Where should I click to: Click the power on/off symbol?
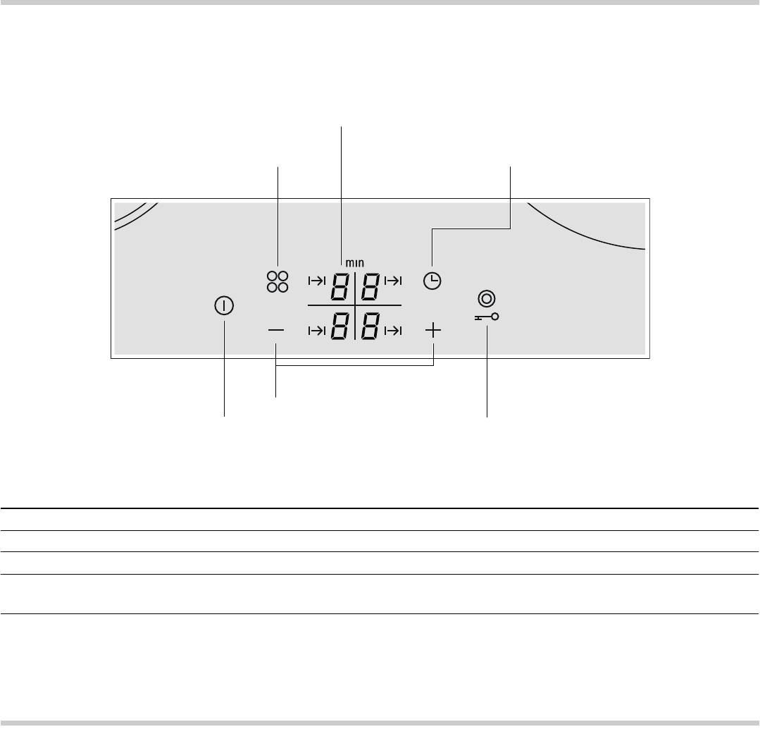click(x=224, y=305)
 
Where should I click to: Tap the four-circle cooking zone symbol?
click(x=278, y=282)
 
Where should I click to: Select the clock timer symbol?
click(x=432, y=281)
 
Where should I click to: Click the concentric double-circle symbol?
click(x=487, y=298)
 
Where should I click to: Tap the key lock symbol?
click(x=487, y=317)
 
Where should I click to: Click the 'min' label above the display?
click(x=355, y=263)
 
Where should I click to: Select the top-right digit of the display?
click(x=370, y=286)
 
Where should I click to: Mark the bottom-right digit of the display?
click(x=370, y=326)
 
